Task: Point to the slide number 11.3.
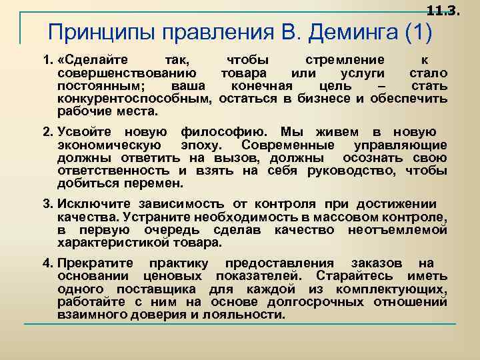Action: click(x=443, y=10)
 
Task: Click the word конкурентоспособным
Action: click(x=134, y=99)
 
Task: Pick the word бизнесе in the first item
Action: click(x=324, y=99)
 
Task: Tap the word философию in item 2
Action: click(x=224, y=131)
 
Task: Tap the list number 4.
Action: click(x=47, y=263)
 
